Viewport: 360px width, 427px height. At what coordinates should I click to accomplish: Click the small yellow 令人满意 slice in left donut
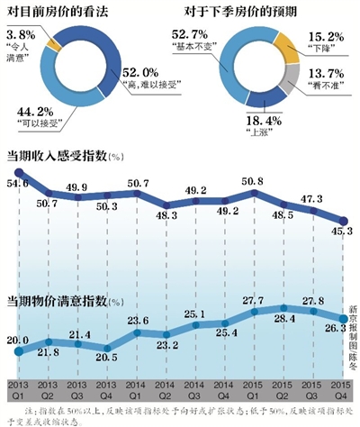(x=56, y=41)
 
